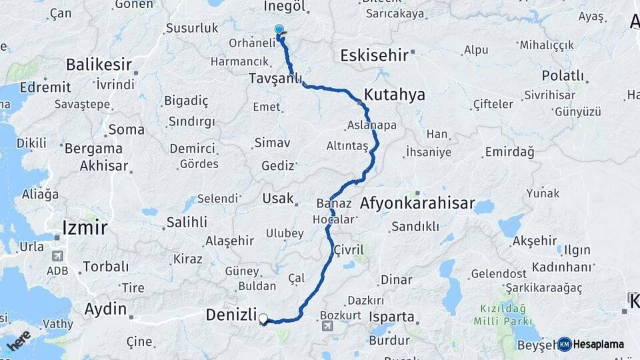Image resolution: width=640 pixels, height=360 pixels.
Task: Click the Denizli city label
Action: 231,314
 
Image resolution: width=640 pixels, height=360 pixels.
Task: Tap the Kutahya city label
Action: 395,95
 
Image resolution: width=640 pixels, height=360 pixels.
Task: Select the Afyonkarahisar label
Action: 417,203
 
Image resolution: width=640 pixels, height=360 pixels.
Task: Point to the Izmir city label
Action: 85,227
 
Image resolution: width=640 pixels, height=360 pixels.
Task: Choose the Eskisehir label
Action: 373,55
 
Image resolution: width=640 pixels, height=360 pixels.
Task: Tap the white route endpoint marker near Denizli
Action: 263,319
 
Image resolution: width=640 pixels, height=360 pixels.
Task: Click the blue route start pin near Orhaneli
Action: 279,31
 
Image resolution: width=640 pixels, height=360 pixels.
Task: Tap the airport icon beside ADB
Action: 57,255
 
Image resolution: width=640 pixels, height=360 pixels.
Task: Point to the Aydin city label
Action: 105,309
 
